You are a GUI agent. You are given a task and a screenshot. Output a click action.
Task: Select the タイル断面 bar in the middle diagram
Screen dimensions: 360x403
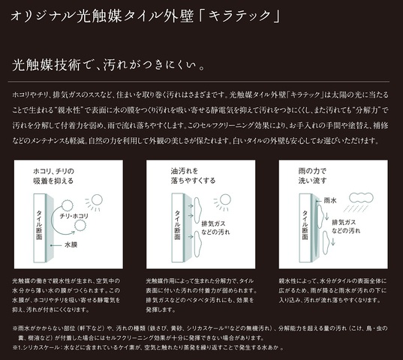pyautogui.click(x=177, y=220)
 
